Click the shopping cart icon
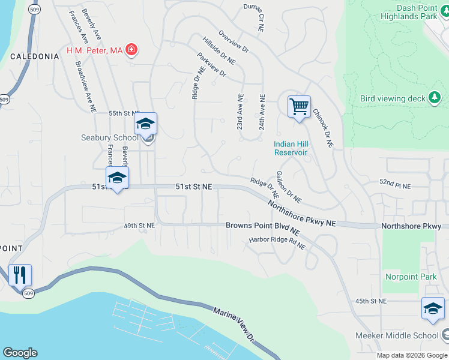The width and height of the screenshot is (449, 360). point(299,107)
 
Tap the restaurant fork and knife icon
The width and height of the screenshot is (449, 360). point(20,275)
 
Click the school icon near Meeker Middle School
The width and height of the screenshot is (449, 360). point(433,308)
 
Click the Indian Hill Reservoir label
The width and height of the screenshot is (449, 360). point(291,148)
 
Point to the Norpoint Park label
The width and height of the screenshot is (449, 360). point(411,277)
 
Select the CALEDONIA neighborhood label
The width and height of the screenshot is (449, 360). point(35,56)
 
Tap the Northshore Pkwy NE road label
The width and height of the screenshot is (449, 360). point(301,213)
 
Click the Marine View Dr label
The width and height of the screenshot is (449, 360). point(235,325)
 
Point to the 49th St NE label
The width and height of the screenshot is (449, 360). point(139,226)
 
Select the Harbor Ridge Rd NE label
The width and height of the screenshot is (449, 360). point(277,243)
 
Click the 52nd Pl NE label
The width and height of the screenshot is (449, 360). point(394,186)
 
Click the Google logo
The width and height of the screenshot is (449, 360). point(20,353)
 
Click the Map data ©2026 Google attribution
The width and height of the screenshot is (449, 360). point(412,355)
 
